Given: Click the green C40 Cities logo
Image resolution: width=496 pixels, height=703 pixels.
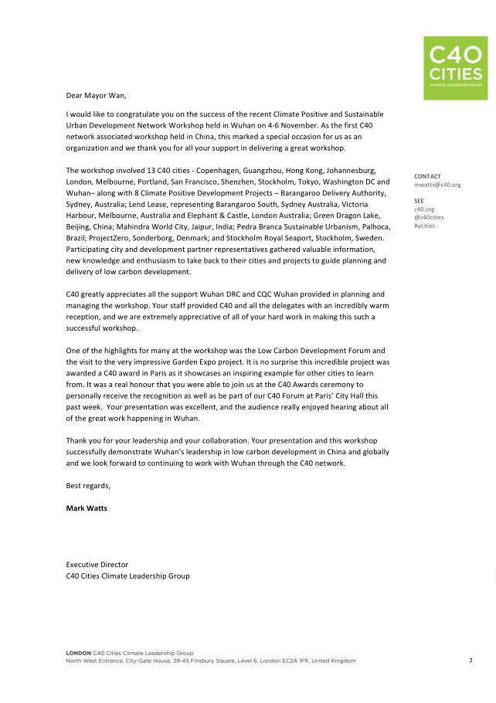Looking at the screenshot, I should [455, 67].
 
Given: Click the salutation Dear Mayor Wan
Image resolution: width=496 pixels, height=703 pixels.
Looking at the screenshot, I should [96, 96].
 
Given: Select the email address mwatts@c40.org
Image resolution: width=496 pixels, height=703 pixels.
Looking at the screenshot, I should [437, 185].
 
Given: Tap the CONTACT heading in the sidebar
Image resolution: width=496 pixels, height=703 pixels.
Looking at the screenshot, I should [427, 176].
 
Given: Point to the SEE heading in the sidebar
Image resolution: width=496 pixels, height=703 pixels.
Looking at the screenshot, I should [418, 200].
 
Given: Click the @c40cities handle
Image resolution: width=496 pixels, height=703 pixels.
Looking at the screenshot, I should [429, 217].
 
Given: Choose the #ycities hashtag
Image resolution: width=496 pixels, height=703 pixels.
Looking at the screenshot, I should [424, 226].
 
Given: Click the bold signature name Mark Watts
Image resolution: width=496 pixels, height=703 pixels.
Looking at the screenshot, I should [87, 508].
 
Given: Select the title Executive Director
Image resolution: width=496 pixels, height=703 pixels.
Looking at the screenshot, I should [97, 565].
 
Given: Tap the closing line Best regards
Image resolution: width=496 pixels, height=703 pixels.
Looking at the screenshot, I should [88, 485].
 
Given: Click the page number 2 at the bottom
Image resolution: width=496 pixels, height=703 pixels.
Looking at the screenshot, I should [471, 661].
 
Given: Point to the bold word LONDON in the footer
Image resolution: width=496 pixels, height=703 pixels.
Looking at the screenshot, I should [78, 653].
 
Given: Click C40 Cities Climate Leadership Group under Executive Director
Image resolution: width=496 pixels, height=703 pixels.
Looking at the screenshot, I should [127, 576].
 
